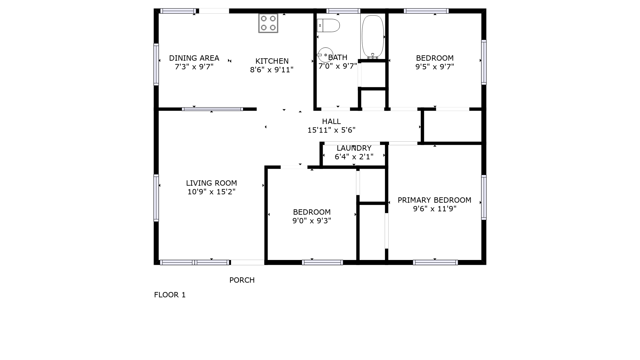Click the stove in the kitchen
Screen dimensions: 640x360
coord(268,23)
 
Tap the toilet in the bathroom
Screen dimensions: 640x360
coord(328,25)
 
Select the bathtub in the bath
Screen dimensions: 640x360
coord(373,37)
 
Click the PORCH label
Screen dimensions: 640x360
coord(242,280)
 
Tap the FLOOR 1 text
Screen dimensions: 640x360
coord(170,295)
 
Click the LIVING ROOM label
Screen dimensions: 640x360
coord(211,183)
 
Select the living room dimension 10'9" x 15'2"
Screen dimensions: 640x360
coord(211,192)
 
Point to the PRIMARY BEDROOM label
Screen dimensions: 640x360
coord(434,200)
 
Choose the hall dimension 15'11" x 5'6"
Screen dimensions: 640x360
coord(331,130)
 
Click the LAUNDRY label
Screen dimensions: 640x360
coord(354,148)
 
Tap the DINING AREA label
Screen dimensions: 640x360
coord(194,58)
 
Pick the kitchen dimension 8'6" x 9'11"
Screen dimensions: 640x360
coord(272,70)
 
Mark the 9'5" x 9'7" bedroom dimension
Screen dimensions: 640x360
coord(435,67)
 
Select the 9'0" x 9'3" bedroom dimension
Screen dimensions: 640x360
coord(312,221)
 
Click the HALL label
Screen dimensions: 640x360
coord(331,121)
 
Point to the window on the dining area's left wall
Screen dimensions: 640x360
coord(156,64)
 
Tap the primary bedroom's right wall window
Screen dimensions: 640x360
coord(484,197)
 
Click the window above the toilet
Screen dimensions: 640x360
coord(343,11)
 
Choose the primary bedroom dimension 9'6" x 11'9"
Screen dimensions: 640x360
coord(435,209)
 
